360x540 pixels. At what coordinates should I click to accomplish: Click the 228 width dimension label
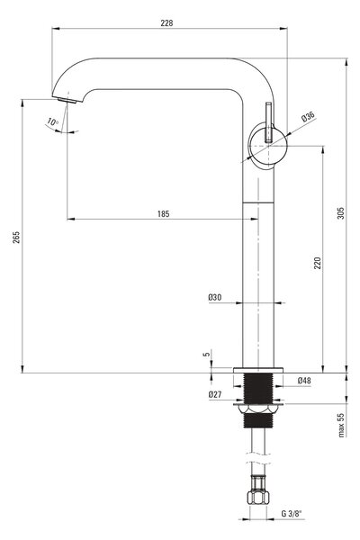tap(166, 23)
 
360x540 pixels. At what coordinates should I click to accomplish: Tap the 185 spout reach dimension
tap(164, 214)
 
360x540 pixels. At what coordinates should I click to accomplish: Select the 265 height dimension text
tap(16, 238)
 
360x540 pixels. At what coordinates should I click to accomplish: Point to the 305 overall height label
tap(341, 213)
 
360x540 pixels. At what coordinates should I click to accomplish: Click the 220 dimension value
tap(318, 263)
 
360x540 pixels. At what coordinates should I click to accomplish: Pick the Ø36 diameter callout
tap(308, 117)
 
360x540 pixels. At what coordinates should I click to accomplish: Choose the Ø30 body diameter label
tap(215, 297)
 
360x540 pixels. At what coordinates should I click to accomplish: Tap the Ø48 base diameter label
tap(304, 380)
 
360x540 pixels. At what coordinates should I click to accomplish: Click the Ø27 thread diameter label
tap(215, 395)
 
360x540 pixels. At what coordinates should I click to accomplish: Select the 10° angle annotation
tap(53, 121)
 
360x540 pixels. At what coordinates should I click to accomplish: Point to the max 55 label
tap(341, 425)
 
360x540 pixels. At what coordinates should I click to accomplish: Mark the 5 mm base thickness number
tap(207, 354)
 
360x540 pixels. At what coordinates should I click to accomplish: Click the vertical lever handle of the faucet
tap(269, 121)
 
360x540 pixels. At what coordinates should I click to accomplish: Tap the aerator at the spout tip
tap(67, 100)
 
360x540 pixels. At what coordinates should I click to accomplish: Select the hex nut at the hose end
tap(258, 497)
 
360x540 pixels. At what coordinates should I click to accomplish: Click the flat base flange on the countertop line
tap(258, 370)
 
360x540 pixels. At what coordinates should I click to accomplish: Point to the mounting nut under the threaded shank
tap(258, 409)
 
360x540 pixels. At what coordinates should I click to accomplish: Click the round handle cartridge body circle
tap(267, 146)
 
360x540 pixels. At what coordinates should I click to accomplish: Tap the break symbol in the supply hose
tap(258, 458)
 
